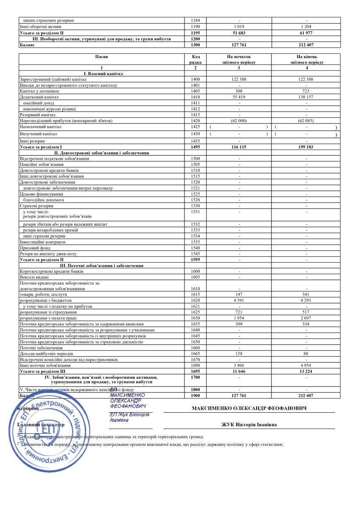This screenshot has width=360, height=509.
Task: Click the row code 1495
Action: point(195,147)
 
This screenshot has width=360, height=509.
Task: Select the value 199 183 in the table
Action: point(306,147)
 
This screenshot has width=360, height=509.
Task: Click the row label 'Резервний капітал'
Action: point(38,115)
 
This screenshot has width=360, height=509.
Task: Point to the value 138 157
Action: point(306,97)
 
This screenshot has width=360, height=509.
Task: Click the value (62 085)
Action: point(306,120)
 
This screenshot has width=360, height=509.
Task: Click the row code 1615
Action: point(195,294)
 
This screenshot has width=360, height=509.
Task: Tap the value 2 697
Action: point(306,318)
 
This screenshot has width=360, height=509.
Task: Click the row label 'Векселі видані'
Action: point(35,277)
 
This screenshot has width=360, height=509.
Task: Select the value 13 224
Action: point(306,371)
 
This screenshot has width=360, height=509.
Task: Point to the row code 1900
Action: point(195,395)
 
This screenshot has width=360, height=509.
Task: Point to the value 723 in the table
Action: point(306,91)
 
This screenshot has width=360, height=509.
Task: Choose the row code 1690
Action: point(195,365)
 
